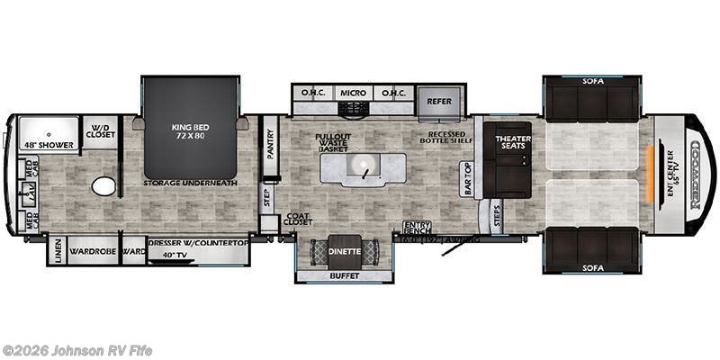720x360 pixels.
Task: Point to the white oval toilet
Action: [x=104, y=186]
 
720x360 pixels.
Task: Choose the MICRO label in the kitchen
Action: [x=353, y=93]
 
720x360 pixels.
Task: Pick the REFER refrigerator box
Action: [x=438, y=102]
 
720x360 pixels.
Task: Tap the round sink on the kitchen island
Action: [x=365, y=167]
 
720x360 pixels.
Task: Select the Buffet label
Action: [x=345, y=275]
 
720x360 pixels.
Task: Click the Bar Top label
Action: [x=467, y=178]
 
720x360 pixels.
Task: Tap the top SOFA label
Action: [x=593, y=81]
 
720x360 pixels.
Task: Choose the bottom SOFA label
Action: [x=593, y=268]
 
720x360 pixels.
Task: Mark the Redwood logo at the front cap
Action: [x=694, y=171]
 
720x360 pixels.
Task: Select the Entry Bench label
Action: [x=417, y=228]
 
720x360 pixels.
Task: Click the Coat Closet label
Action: [x=299, y=220]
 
